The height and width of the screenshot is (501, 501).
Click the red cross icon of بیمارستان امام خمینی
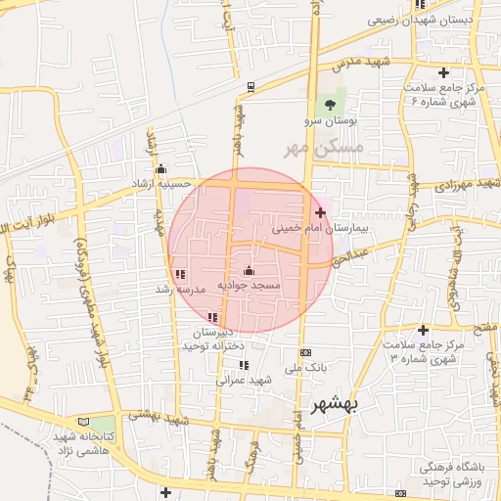tap(321, 211)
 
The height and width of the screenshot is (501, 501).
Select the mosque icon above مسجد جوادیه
tap(248, 270)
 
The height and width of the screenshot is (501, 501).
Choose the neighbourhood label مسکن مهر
tap(322, 149)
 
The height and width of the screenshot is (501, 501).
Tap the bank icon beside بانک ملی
tap(305, 352)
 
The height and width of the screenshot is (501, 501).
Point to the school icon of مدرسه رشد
tap(179, 273)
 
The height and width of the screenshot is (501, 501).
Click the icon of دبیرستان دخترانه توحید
tap(212, 316)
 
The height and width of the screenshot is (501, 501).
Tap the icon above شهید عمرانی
tap(244, 365)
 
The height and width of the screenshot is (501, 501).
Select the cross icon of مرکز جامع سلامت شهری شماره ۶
tap(444, 72)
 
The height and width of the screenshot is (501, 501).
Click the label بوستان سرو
tap(330, 121)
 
